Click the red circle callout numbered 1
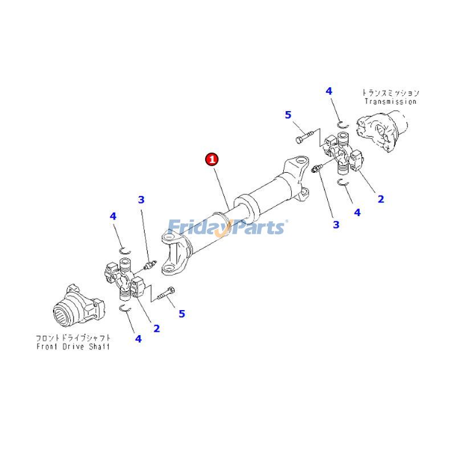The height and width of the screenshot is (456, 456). [212, 159]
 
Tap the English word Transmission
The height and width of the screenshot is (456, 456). [391, 101]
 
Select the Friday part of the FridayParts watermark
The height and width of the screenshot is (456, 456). [197, 227]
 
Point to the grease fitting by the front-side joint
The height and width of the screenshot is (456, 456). [149, 264]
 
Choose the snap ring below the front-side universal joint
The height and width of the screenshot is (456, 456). [127, 308]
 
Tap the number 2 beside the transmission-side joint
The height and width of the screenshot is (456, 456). [381, 199]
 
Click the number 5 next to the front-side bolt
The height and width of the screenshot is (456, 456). [182, 313]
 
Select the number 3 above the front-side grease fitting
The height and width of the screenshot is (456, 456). [141, 199]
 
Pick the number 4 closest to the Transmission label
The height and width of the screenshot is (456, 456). [329, 91]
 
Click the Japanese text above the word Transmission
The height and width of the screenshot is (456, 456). [391, 92]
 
